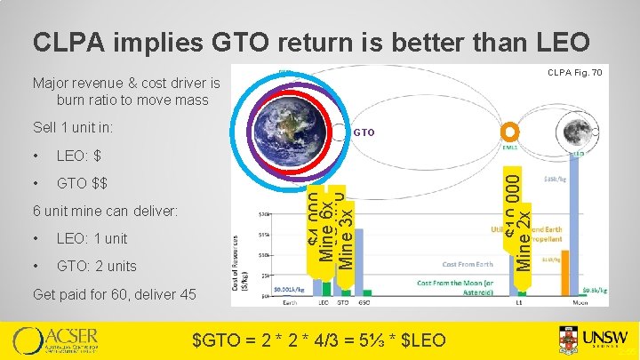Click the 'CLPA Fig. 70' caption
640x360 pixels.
(x=575, y=72)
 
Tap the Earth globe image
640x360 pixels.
(x=292, y=130)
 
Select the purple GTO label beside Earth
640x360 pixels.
(x=365, y=133)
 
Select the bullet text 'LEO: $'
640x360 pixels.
(x=78, y=156)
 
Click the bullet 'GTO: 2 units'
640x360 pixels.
(x=97, y=267)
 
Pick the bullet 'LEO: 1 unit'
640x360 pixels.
(x=92, y=239)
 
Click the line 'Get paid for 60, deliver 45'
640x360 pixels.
(x=114, y=294)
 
